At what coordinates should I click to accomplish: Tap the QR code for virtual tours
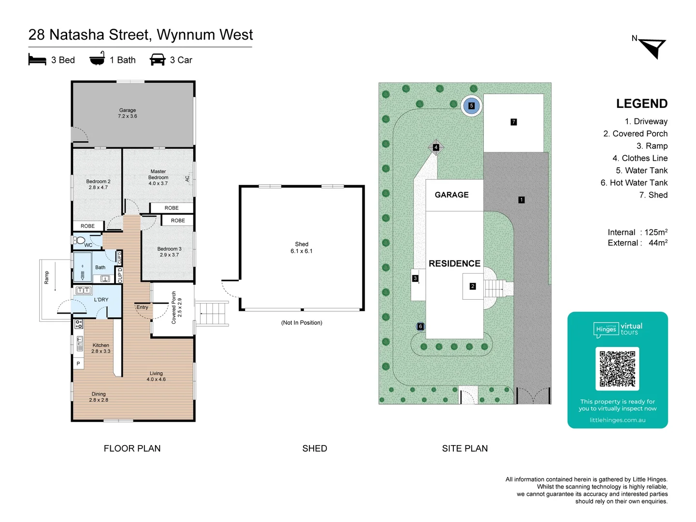(x=617, y=368)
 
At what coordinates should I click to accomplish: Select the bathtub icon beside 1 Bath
(x=97, y=59)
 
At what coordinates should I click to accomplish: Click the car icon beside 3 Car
(x=158, y=59)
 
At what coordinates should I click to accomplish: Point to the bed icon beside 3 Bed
(x=37, y=59)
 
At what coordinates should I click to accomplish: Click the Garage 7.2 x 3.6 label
(x=128, y=113)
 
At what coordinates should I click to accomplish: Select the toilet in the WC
(x=80, y=240)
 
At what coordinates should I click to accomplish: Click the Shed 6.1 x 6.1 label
(x=302, y=247)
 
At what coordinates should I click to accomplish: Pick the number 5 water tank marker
(x=471, y=106)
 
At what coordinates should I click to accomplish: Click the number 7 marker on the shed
(x=514, y=122)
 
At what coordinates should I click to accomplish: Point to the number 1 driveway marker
(x=522, y=200)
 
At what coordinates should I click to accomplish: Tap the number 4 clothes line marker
(x=436, y=147)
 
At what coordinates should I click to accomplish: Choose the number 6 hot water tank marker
(x=420, y=327)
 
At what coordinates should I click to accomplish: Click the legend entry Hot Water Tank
(x=634, y=183)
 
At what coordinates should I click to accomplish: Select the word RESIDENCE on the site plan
(x=454, y=263)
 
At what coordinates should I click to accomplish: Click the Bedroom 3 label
(x=169, y=252)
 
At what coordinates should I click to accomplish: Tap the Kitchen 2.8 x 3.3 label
(x=101, y=348)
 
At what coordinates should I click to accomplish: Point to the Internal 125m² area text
(x=638, y=232)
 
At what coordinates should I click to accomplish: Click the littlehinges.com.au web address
(x=617, y=420)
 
